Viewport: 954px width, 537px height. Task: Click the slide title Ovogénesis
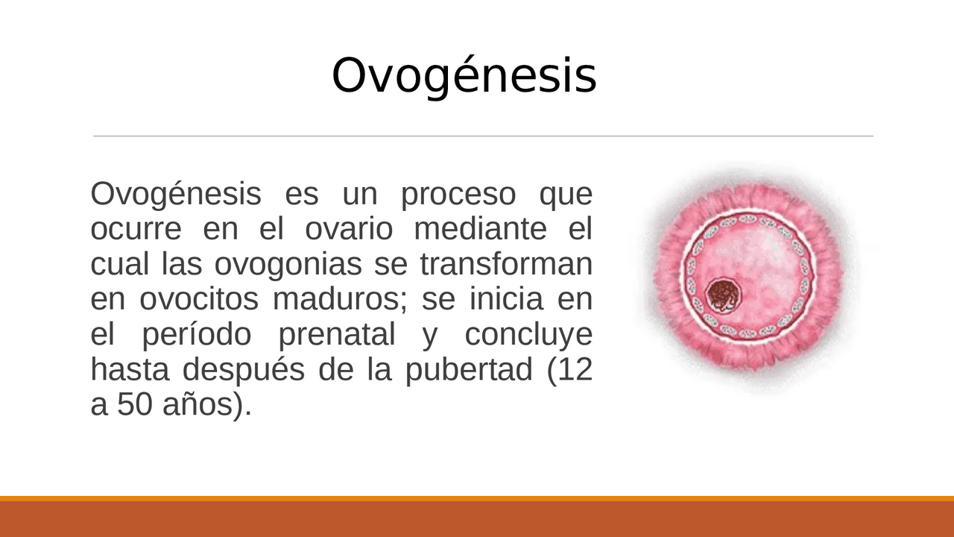(464, 75)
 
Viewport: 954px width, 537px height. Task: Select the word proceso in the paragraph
(458, 195)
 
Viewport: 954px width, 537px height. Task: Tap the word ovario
(348, 230)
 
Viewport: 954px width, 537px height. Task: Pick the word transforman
(506, 265)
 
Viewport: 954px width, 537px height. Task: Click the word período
(196, 335)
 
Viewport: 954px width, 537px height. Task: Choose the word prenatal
(336, 335)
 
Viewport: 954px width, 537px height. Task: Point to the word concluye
(528, 335)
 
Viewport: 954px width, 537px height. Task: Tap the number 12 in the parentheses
(575, 370)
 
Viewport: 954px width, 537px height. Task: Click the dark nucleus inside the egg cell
(722, 295)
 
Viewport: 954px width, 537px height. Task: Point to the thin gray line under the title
(483, 136)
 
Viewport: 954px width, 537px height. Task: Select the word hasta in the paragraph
(131, 370)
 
